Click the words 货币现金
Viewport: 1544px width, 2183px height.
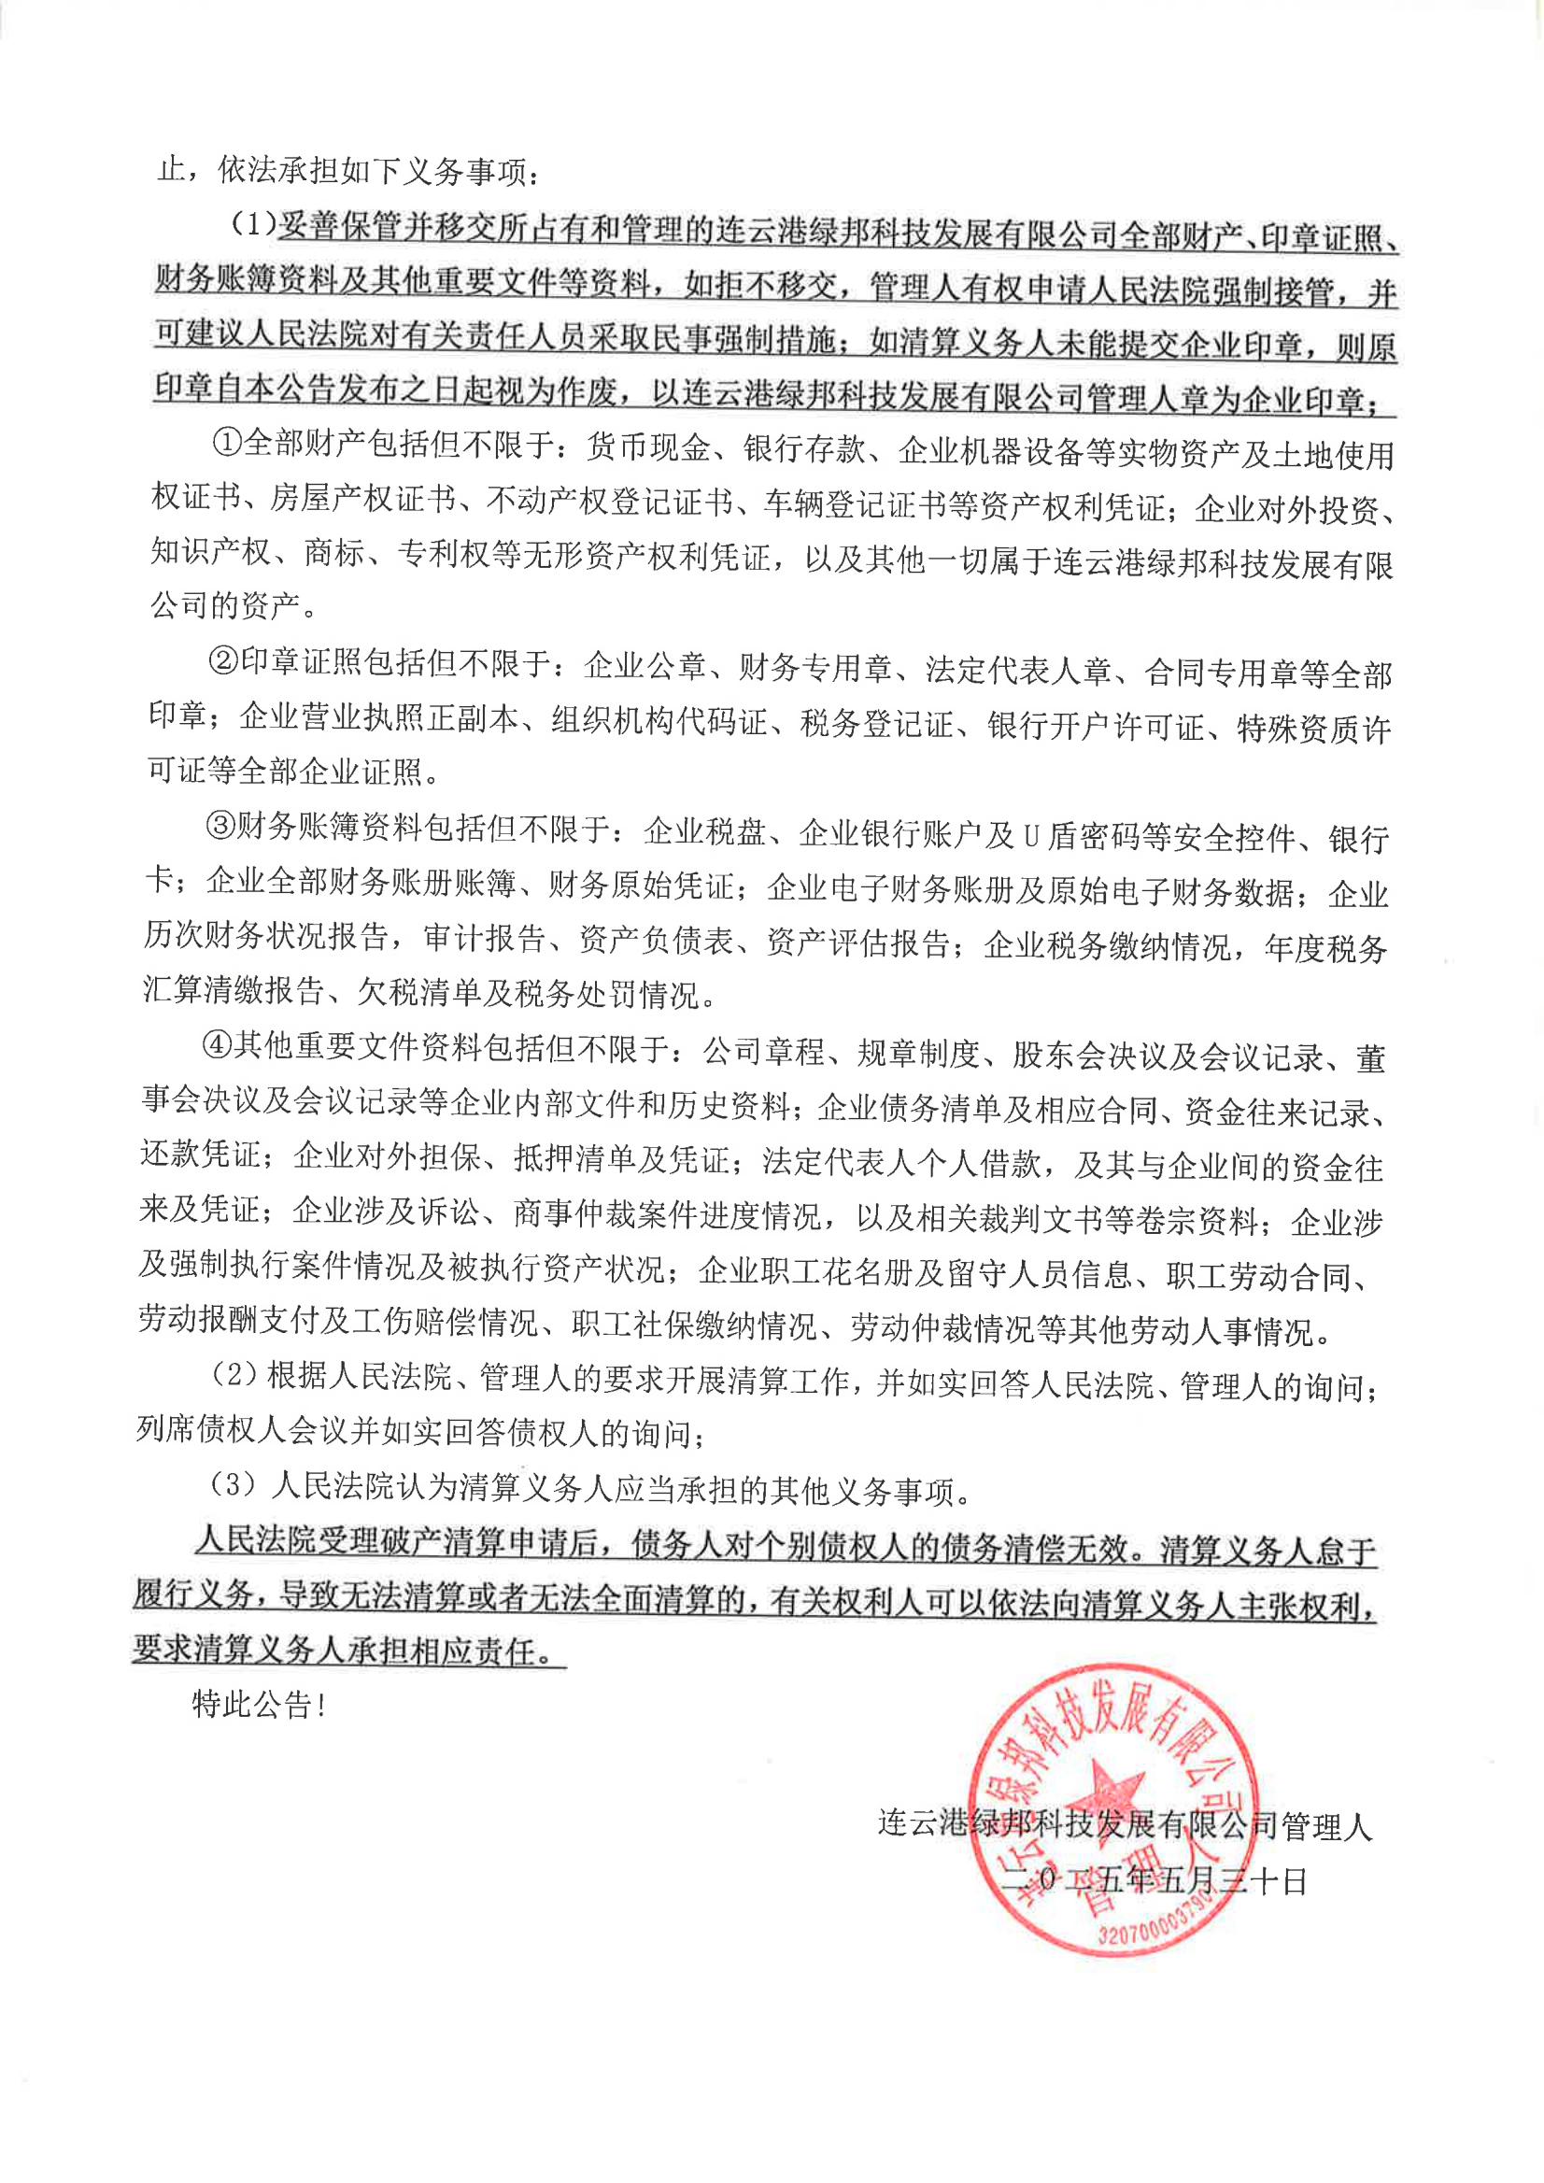coord(647,447)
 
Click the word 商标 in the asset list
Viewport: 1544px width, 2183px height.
coord(333,553)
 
